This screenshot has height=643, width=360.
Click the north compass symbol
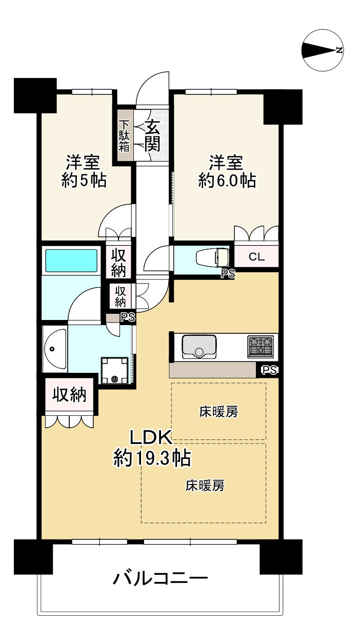(323, 50)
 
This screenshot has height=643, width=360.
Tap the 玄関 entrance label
(152, 135)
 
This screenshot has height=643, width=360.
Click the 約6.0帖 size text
(227, 180)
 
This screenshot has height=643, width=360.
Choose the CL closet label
(256, 257)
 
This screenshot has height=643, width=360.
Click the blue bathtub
(71, 261)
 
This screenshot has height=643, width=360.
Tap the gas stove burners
(262, 346)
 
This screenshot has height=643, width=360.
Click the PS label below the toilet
(228, 274)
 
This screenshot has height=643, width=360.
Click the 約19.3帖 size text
(152, 457)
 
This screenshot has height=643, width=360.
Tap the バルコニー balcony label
(160, 579)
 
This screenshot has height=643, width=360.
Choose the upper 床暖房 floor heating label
(218, 411)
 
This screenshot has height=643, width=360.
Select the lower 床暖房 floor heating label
(205, 485)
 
